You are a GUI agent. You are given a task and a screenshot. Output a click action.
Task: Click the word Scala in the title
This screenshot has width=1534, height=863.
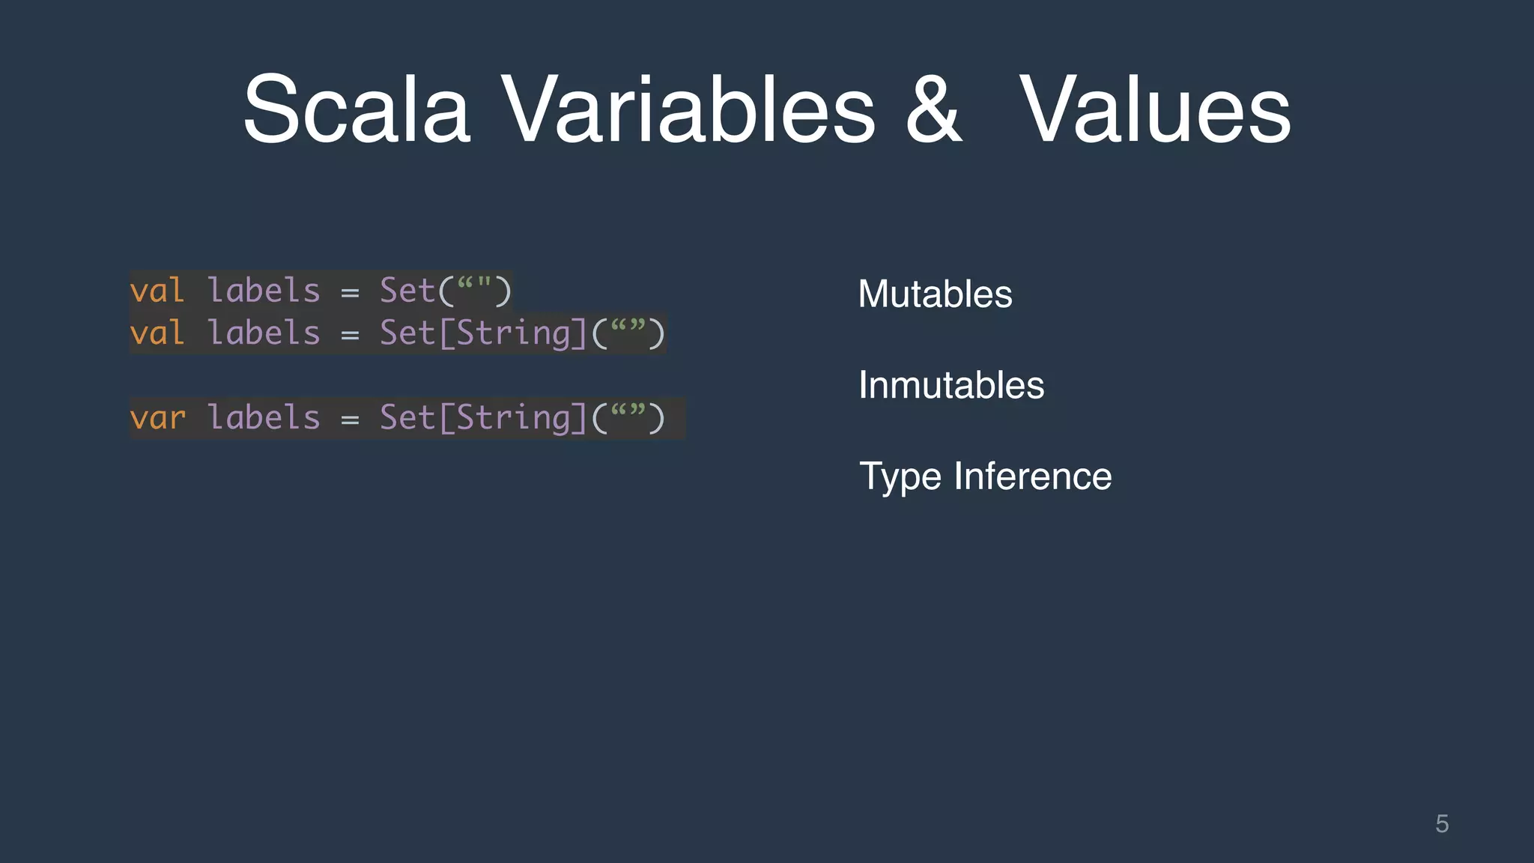357,109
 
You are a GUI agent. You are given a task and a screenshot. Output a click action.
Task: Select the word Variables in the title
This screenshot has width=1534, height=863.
688,109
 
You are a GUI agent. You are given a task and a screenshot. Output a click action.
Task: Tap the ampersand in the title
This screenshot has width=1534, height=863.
933,109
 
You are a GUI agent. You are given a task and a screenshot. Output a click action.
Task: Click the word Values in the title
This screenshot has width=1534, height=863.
1155,109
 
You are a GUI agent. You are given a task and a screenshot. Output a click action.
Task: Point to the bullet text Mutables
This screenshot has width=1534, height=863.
935,294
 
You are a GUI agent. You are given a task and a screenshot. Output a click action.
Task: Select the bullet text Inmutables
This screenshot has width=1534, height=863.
951,385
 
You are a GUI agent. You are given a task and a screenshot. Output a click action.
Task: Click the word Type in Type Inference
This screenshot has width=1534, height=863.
900,477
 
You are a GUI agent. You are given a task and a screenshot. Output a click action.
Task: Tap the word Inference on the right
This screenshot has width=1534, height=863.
1033,476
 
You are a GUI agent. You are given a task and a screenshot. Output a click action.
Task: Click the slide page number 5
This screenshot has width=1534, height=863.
1442,824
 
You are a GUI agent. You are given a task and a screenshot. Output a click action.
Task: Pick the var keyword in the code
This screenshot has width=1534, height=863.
157,418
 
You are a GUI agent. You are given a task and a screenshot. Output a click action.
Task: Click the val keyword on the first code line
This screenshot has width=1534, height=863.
157,291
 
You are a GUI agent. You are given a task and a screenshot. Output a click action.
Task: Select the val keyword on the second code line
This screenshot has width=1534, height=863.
157,333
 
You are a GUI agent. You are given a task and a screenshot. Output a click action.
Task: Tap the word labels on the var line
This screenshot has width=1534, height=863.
264,418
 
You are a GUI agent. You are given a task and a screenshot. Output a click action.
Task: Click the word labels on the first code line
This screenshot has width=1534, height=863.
264,291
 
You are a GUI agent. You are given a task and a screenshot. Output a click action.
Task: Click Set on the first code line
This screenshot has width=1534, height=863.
407,291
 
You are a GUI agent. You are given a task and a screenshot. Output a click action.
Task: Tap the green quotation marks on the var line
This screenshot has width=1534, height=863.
628,411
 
